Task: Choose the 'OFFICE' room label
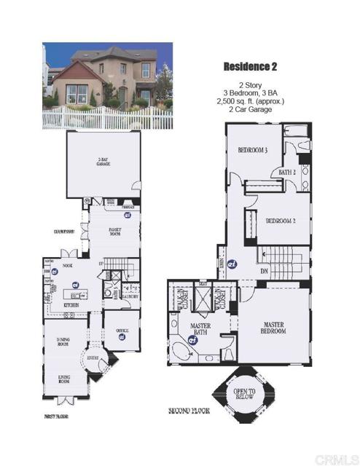tap(122, 330)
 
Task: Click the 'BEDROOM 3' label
tap(253, 151)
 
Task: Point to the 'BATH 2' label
tap(287, 173)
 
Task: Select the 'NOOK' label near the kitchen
tap(69, 266)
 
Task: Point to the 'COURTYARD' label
tap(46, 233)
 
